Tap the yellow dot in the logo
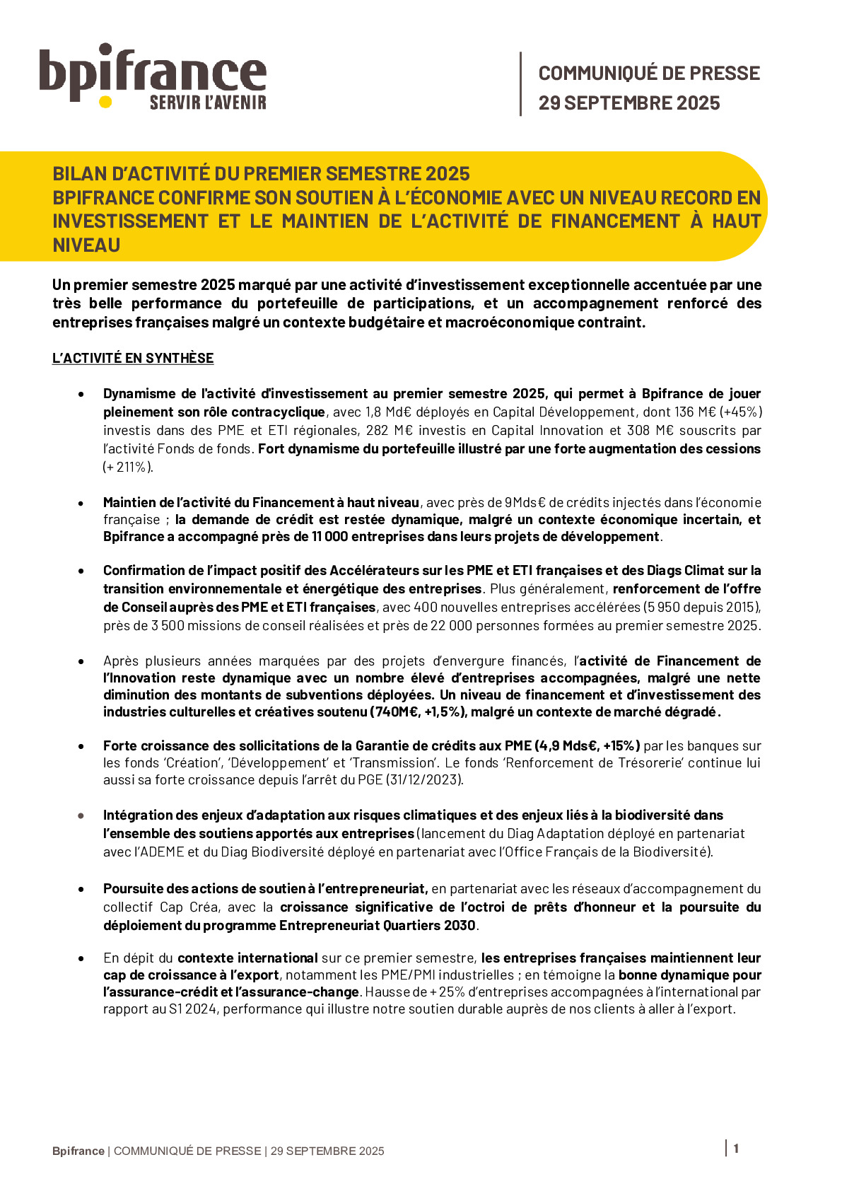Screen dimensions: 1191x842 [x=105, y=102]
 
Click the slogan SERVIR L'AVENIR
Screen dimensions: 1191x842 [x=208, y=103]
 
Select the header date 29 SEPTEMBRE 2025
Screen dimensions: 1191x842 [x=629, y=103]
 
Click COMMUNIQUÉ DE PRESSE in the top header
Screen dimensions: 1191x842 [x=649, y=74]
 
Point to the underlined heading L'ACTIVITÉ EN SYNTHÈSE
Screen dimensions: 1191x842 [x=133, y=359]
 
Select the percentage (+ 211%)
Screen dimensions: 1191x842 [x=128, y=467]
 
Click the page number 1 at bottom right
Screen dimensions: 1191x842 [x=736, y=1149]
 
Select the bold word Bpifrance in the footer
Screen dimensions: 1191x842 [x=78, y=1151]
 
